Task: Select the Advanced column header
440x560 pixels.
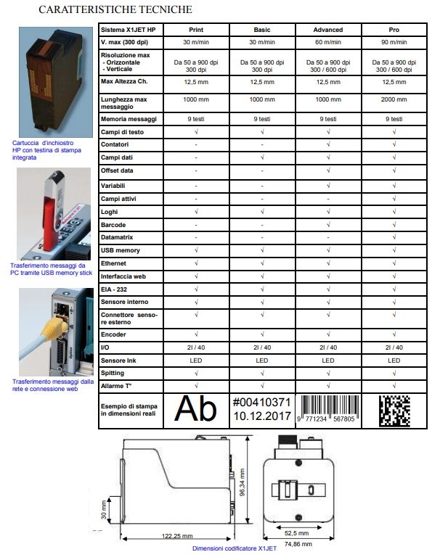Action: [x=327, y=30]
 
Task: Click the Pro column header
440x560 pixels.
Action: [x=394, y=30]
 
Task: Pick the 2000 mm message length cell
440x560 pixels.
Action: [x=394, y=99]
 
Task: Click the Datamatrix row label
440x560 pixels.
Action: [x=118, y=237]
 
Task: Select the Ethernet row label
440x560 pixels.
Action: [x=114, y=263]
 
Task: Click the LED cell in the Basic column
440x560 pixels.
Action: [x=262, y=360]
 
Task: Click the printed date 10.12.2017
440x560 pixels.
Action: [x=262, y=417]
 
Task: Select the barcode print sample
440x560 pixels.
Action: [x=327, y=408]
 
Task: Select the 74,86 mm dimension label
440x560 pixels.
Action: [x=298, y=544]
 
